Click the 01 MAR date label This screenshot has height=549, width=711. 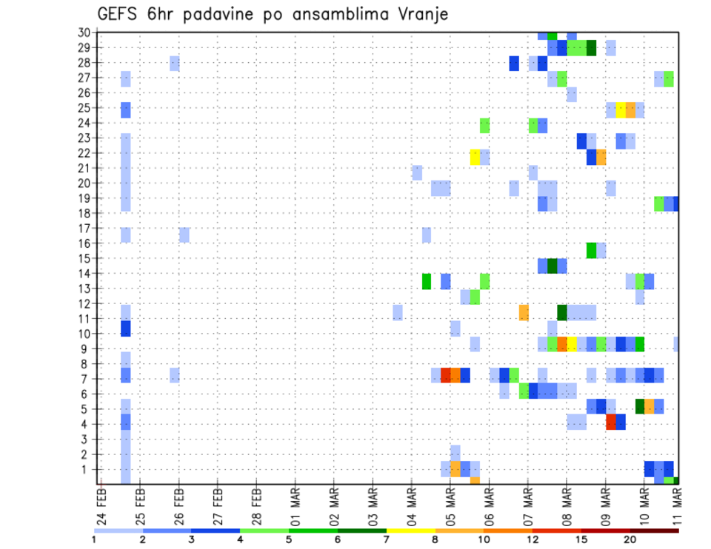pyautogui.click(x=295, y=507)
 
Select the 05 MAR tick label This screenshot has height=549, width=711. pyautogui.click(x=450, y=507)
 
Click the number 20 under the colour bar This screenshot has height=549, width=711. pyautogui.click(x=630, y=539)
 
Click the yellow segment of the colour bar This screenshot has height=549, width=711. pyautogui.click(x=410, y=530)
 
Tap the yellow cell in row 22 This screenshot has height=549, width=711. pyautogui.click(x=475, y=157)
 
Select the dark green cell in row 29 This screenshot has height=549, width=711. pyautogui.click(x=591, y=48)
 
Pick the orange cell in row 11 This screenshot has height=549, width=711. pyautogui.click(x=524, y=312)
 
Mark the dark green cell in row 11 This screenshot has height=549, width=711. pyautogui.click(x=562, y=312)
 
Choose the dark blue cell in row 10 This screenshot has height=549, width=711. pyautogui.click(x=125, y=327)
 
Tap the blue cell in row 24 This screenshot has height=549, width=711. pyautogui.click(x=543, y=126)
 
